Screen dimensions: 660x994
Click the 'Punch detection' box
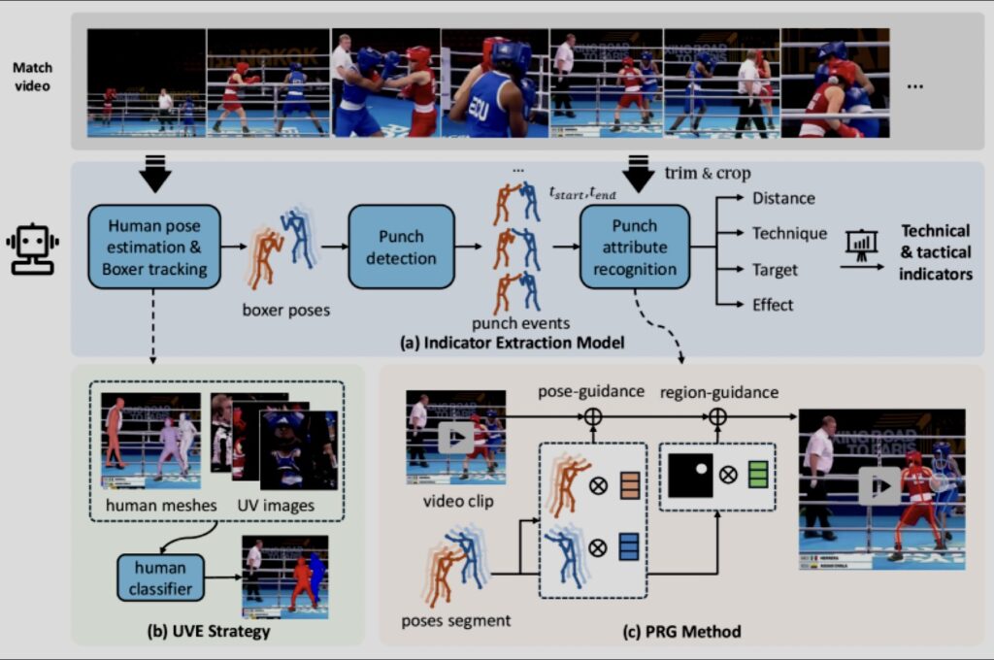(401, 247)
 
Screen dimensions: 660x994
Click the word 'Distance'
(783, 198)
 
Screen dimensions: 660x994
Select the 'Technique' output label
(789, 233)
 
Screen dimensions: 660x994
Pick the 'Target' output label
(775, 269)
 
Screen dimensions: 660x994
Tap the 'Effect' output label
(773, 305)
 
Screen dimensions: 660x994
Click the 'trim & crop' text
(708, 173)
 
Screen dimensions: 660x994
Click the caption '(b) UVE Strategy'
(208, 633)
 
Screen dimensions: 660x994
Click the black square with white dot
(690, 476)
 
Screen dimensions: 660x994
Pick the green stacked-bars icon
(757, 476)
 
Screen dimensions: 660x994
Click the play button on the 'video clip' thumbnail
(455, 438)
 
